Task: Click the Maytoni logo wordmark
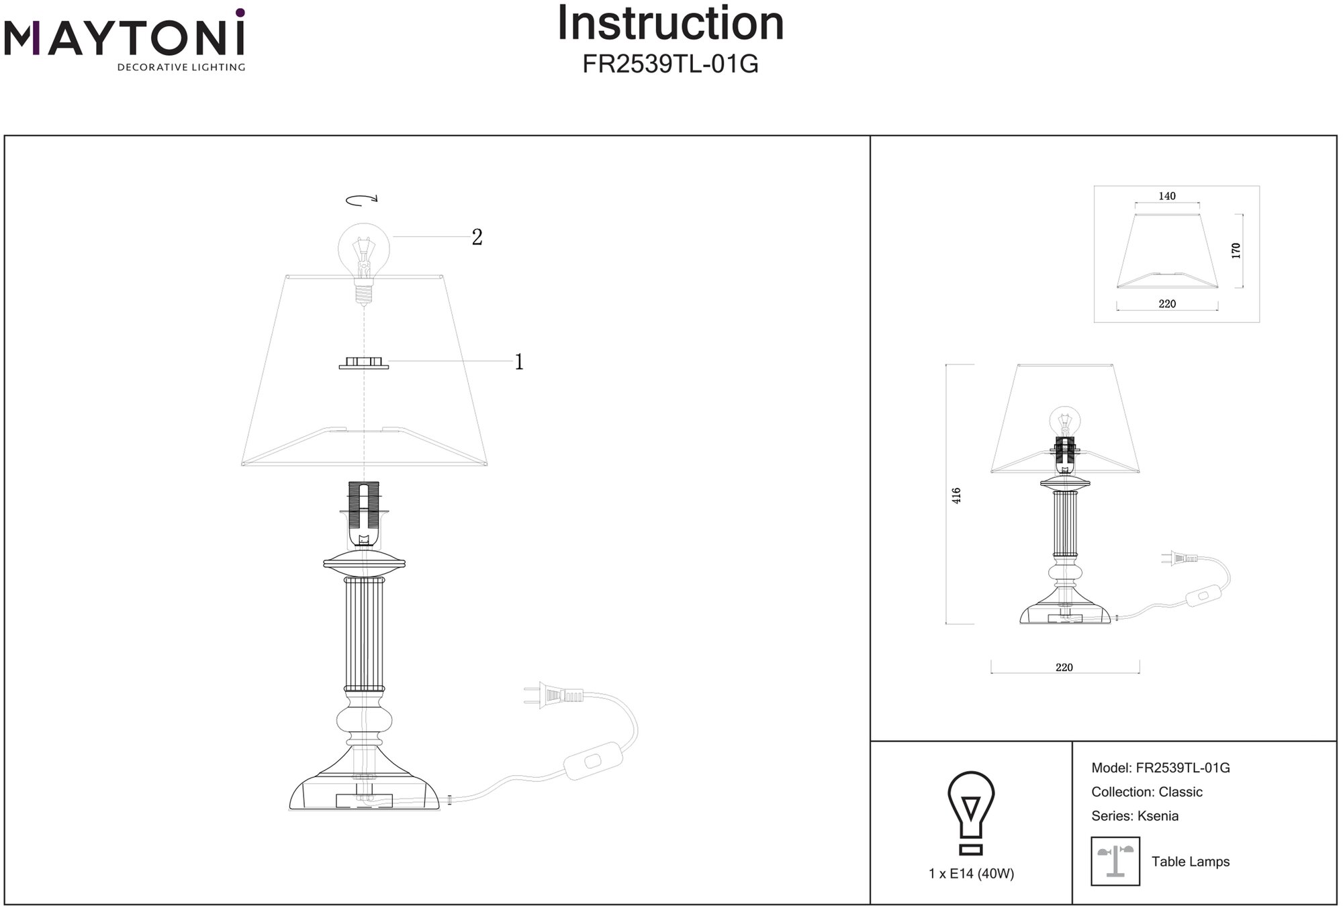[124, 39]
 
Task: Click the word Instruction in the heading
[670, 24]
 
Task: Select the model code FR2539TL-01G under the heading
[670, 64]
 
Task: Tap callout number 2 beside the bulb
[477, 237]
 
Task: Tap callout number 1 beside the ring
[518, 362]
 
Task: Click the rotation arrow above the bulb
[362, 199]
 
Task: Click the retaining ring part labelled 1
[363, 363]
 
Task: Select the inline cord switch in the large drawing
[593, 761]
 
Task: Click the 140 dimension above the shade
[1167, 196]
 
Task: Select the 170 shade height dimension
[1236, 251]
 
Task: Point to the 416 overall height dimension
[957, 495]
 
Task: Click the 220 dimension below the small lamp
[1064, 668]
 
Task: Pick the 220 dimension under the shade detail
[1167, 304]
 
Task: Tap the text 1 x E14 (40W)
[971, 874]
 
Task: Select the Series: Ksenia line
[1135, 816]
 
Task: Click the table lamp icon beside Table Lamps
[1115, 861]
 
